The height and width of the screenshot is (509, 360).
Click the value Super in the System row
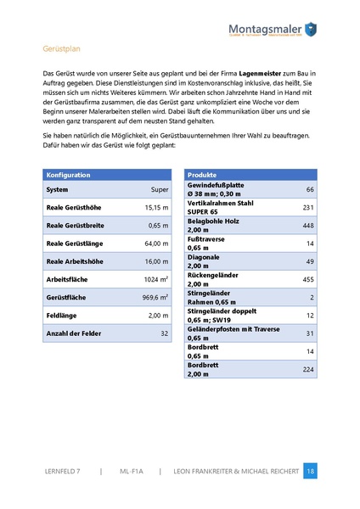(x=159, y=189)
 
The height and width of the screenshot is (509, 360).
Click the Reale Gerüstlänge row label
(x=76, y=243)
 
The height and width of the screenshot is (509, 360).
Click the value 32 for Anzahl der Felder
(x=164, y=334)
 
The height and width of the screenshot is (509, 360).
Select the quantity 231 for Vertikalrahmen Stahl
(x=308, y=207)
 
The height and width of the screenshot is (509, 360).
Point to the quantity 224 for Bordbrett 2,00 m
(x=308, y=369)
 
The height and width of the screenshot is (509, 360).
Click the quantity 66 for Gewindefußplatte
(x=310, y=189)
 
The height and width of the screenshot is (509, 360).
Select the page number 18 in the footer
(x=310, y=470)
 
